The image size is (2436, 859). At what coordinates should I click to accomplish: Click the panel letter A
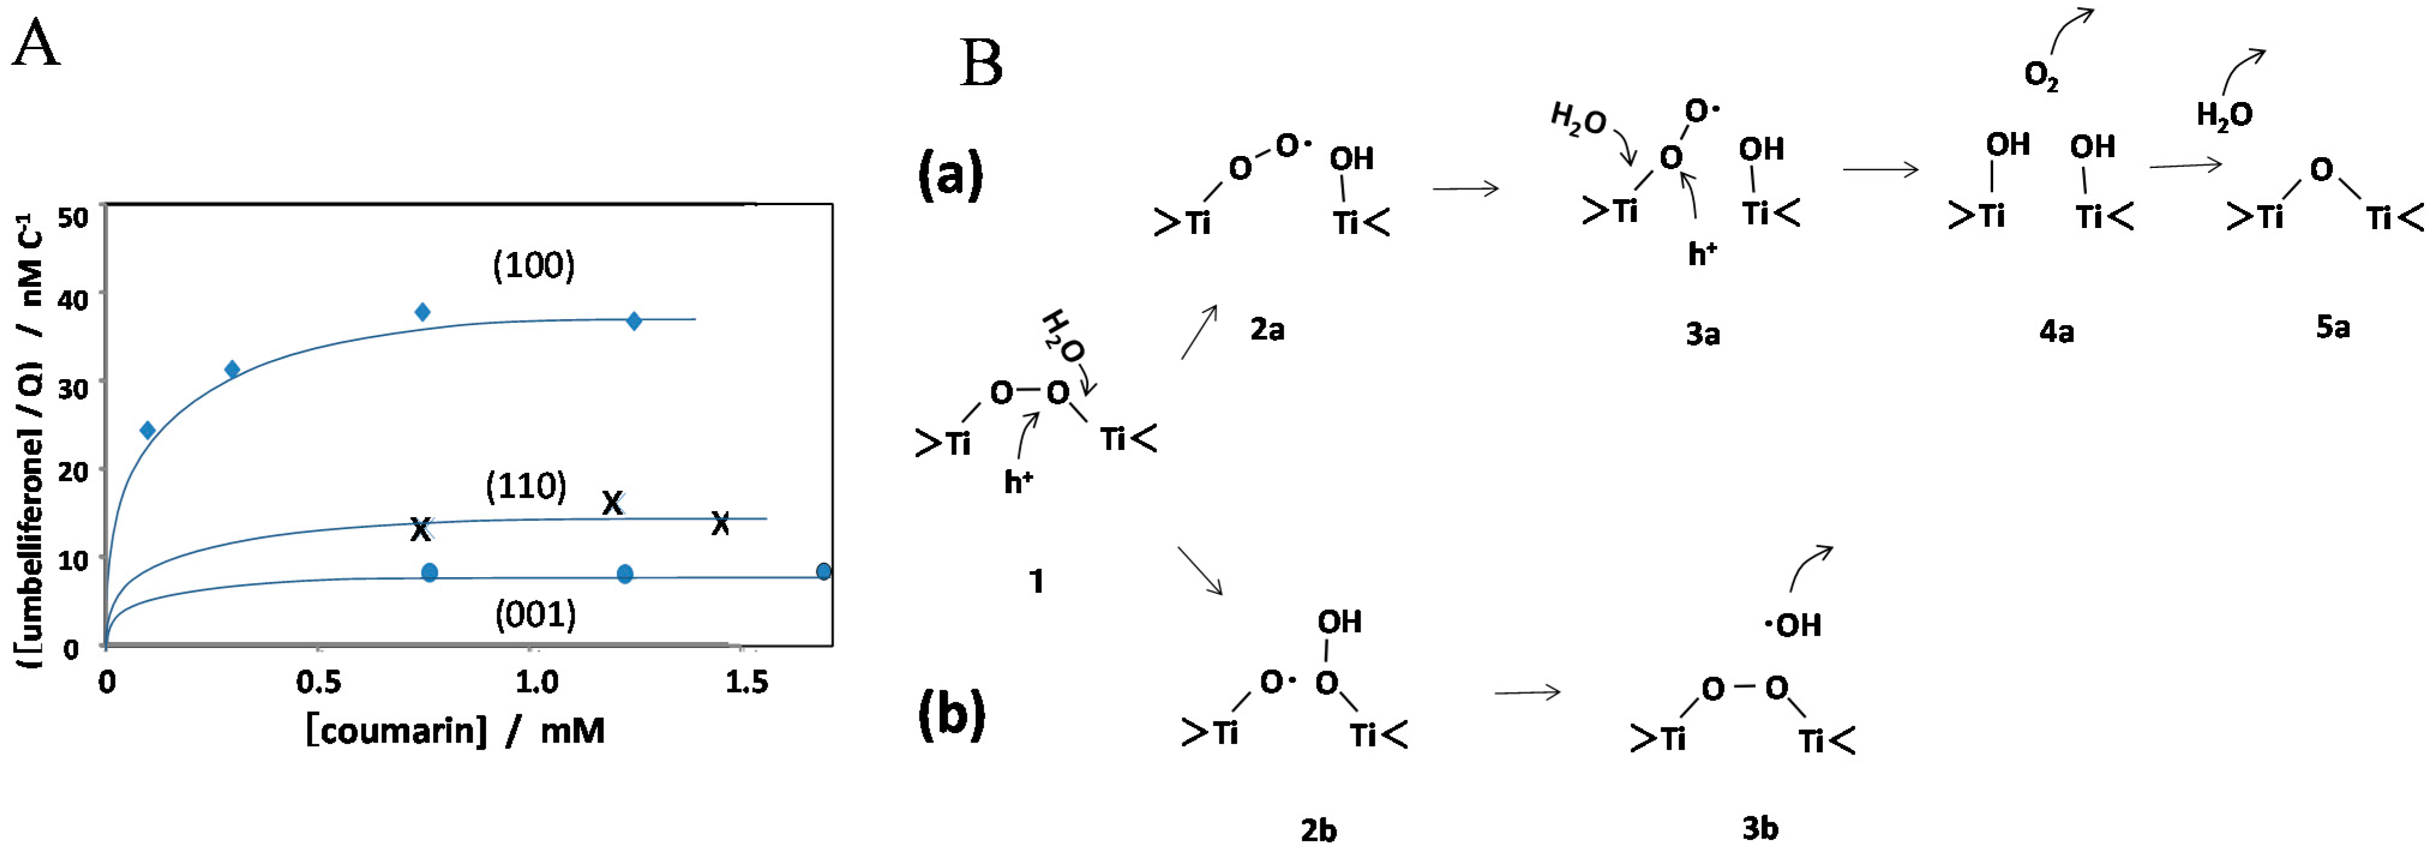click(36, 44)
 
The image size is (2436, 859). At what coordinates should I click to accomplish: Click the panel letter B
click(981, 64)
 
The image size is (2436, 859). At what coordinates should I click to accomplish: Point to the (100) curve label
click(533, 266)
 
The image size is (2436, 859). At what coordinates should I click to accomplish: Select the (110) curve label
click(526, 486)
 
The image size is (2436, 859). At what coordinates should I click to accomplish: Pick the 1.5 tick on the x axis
click(746, 681)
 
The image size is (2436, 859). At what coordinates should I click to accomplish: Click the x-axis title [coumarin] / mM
click(455, 731)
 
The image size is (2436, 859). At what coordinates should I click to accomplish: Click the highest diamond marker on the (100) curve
click(423, 312)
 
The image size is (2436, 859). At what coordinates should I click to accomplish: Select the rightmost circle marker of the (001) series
click(824, 572)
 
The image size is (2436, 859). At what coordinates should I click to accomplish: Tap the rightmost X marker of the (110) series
click(720, 523)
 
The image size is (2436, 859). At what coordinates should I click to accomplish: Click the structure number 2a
click(1267, 329)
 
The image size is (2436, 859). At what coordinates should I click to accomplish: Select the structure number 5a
click(2333, 328)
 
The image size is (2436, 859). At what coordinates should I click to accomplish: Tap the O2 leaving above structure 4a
click(2041, 76)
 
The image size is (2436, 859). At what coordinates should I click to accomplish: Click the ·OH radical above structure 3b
click(1793, 625)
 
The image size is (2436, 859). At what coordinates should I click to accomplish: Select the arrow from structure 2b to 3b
click(1526, 693)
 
